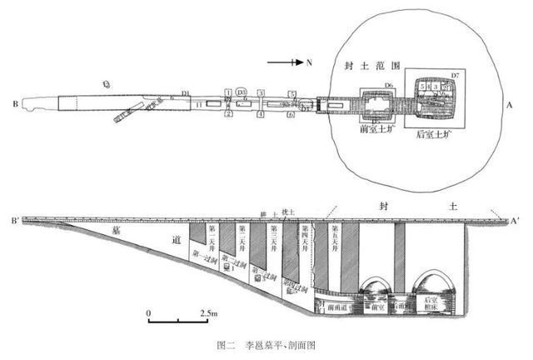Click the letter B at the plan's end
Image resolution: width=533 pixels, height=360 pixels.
point(15,104)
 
